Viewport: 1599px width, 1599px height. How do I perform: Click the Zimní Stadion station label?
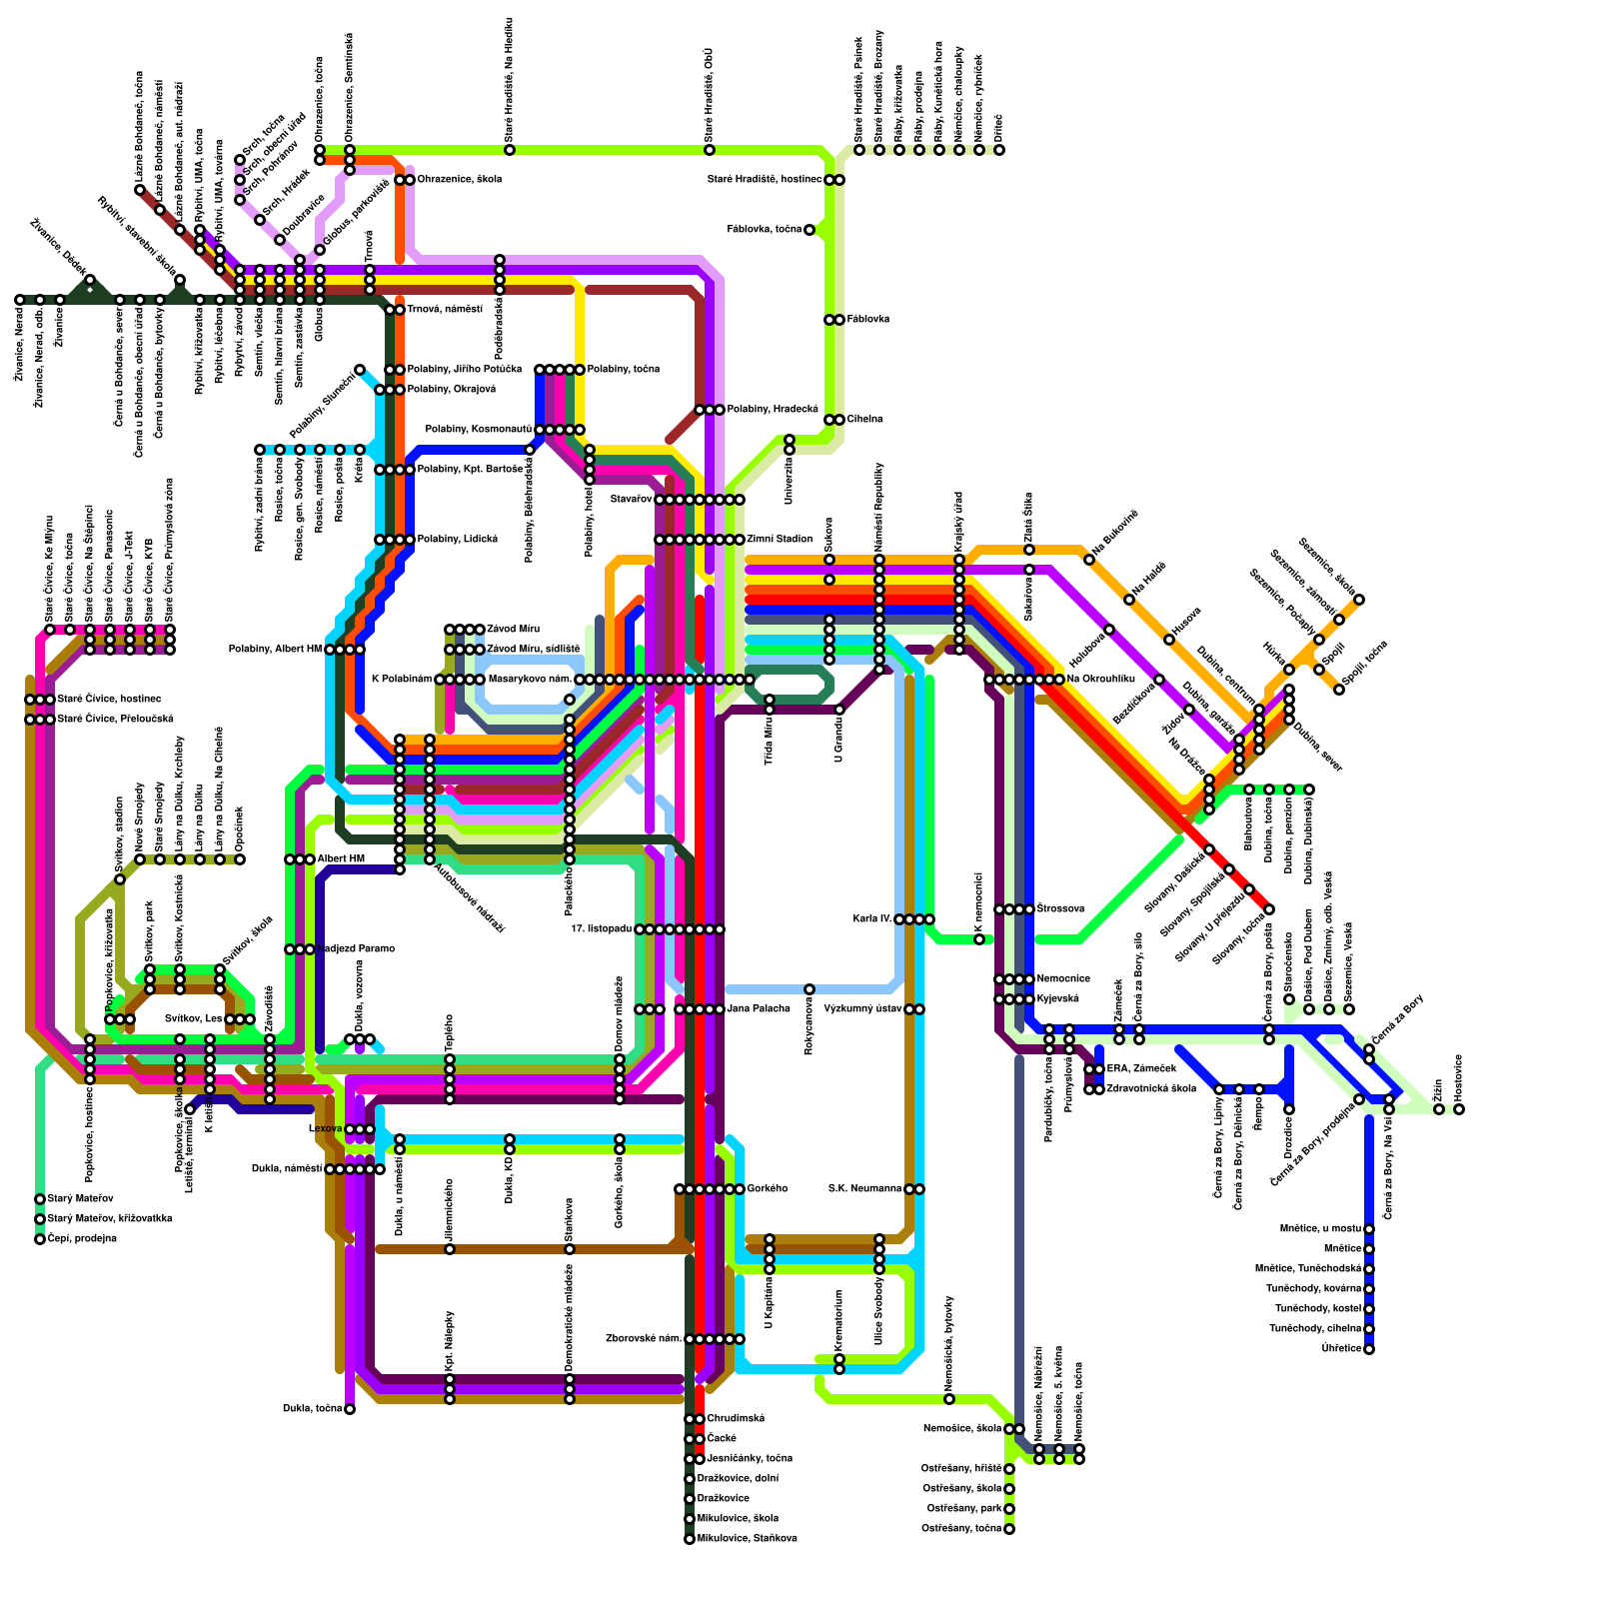click(780, 540)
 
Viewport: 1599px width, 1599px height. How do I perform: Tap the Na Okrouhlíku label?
click(1100, 680)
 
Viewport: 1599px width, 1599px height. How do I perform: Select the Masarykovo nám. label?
click(530, 680)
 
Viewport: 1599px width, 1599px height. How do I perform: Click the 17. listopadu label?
click(601, 929)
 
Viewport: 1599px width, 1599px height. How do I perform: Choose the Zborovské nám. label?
click(644, 1339)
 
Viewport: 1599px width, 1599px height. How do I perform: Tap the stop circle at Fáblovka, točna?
click(809, 230)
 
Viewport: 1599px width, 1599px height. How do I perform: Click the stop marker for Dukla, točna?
click(350, 1409)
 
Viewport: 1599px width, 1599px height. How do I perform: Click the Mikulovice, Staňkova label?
click(748, 1539)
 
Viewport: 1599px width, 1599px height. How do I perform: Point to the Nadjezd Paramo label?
click(356, 949)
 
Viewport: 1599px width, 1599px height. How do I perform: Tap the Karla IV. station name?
click(872, 919)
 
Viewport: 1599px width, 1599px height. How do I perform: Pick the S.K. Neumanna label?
click(865, 1189)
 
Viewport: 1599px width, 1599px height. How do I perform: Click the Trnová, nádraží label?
click(445, 310)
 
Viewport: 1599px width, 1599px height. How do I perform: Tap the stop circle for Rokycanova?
click(809, 989)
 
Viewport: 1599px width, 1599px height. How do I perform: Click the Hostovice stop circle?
click(1459, 1109)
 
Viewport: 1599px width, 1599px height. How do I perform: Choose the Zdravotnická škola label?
click(1151, 1089)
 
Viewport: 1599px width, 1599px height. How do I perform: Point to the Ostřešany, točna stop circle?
click(1009, 1529)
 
